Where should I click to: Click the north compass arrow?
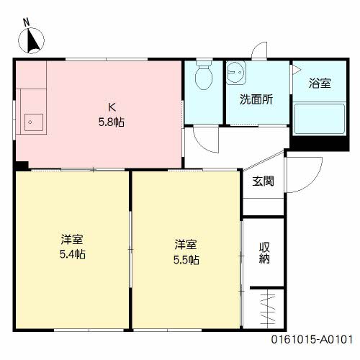point(33,41)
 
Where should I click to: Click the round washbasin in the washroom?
point(235,72)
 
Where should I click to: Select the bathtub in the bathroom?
point(318,118)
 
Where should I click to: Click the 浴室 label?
point(320,84)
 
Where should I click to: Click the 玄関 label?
point(262,181)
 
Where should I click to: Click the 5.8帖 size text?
point(112,122)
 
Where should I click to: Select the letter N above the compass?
point(26,22)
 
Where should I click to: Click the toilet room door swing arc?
point(206,139)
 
